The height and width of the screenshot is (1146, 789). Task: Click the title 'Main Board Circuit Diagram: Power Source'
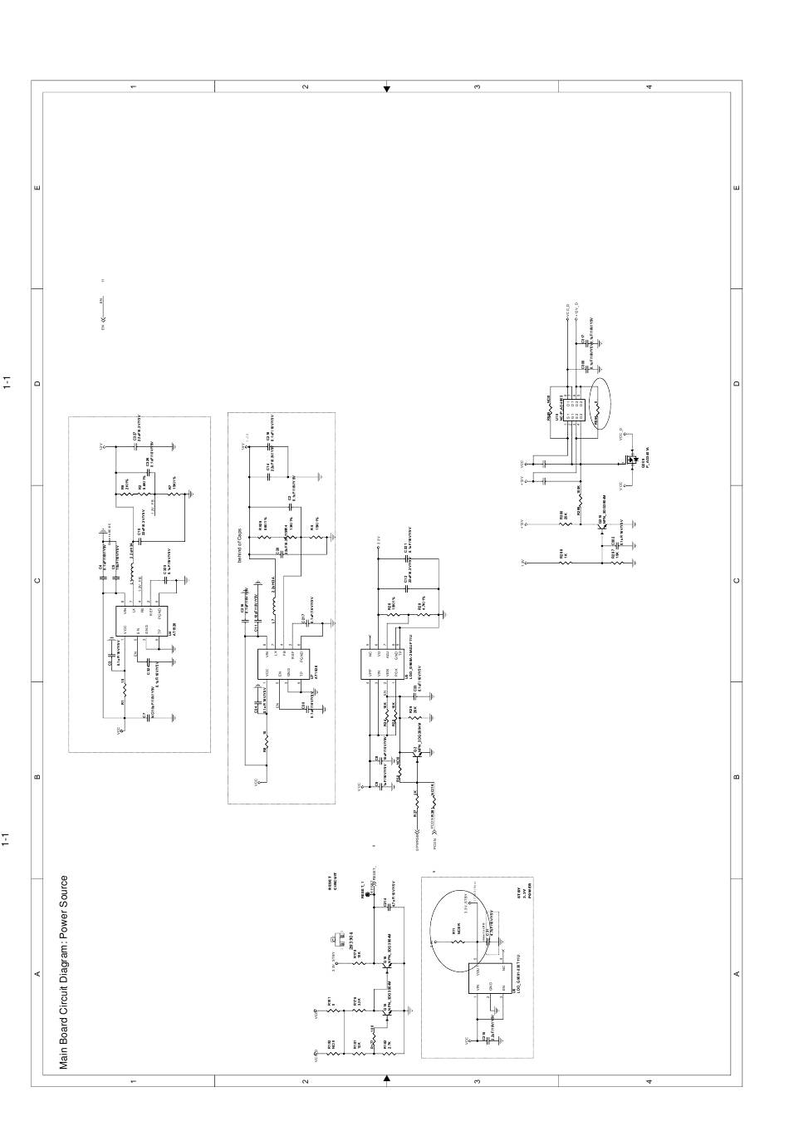[64, 972]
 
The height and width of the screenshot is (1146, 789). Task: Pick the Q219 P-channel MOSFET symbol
[633, 460]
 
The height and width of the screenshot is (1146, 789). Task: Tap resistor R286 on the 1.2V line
[565, 562]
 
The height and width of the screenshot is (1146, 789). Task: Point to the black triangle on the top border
[387, 88]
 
